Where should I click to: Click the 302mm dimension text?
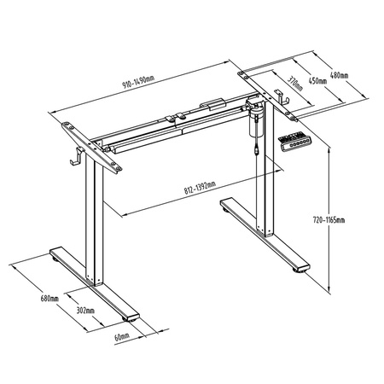(84, 310)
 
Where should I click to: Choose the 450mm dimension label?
(317, 81)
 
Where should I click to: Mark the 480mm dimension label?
(339, 75)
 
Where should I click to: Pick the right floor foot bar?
(265, 234)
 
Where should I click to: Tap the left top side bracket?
(90, 144)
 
